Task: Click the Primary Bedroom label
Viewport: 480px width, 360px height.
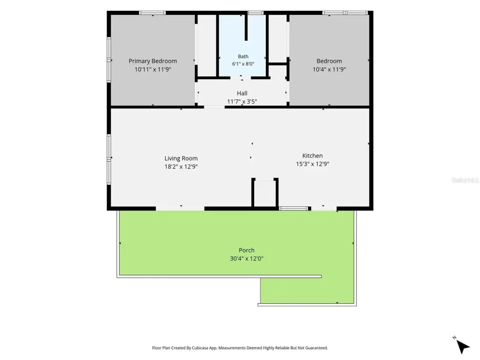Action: coord(153,61)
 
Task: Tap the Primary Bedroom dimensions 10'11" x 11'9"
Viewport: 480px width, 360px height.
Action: coord(153,69)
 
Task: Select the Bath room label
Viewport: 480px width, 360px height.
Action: coord(243,56)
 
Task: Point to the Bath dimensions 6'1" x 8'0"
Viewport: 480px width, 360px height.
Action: coord(243,64)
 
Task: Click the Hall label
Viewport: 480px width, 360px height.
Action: coord(242,93)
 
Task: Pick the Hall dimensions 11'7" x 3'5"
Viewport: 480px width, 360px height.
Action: coord(242,102)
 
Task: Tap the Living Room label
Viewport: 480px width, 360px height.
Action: coord(181,158)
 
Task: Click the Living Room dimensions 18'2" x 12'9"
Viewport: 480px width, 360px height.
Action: coord(181,167)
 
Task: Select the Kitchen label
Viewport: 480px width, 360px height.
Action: coord(312,156)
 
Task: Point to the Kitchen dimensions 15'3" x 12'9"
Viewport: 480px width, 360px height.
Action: coord(312,164)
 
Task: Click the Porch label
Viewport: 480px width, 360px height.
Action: coord(247,250)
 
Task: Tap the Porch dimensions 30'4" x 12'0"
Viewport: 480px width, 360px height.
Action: coord(247,259)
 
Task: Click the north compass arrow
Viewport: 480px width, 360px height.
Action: coord(463,346)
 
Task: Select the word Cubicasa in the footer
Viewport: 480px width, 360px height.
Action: coord(201,348)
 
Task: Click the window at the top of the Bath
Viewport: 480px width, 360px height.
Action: coord(255,13)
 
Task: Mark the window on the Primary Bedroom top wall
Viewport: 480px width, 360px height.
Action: coord(152,13)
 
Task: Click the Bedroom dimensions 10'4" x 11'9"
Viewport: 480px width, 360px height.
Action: coord(329,69)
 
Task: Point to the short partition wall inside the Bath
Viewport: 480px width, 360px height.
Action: coord(246,28)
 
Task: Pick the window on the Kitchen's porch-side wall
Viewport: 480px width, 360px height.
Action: coord(293,209)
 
